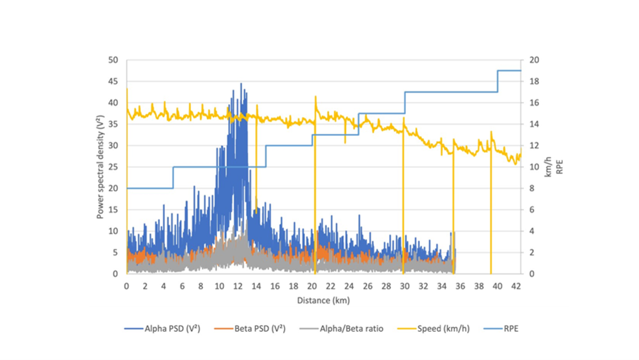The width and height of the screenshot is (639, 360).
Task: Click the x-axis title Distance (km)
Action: [x=323, y=299]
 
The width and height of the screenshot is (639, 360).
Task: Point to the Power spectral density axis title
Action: [x=101, y=168]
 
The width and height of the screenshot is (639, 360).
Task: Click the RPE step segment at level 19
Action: [x=509, y=70]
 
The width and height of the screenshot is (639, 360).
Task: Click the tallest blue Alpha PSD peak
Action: [x=241, y=85]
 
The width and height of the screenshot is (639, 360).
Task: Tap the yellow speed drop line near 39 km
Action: [x=491, y=211]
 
